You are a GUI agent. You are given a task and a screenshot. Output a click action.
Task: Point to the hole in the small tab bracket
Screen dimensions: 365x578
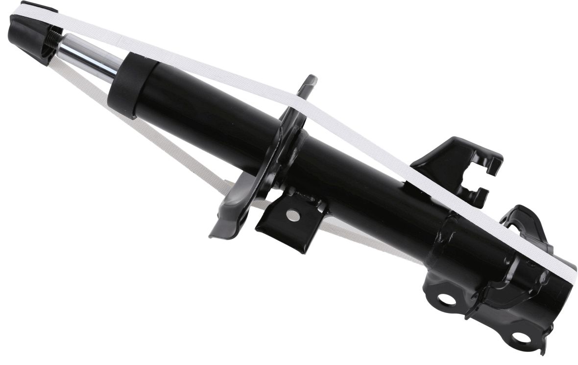click(x=293, y=214)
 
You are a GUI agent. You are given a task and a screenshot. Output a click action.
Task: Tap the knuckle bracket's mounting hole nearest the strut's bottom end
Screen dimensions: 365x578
click(x=520, y=338)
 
